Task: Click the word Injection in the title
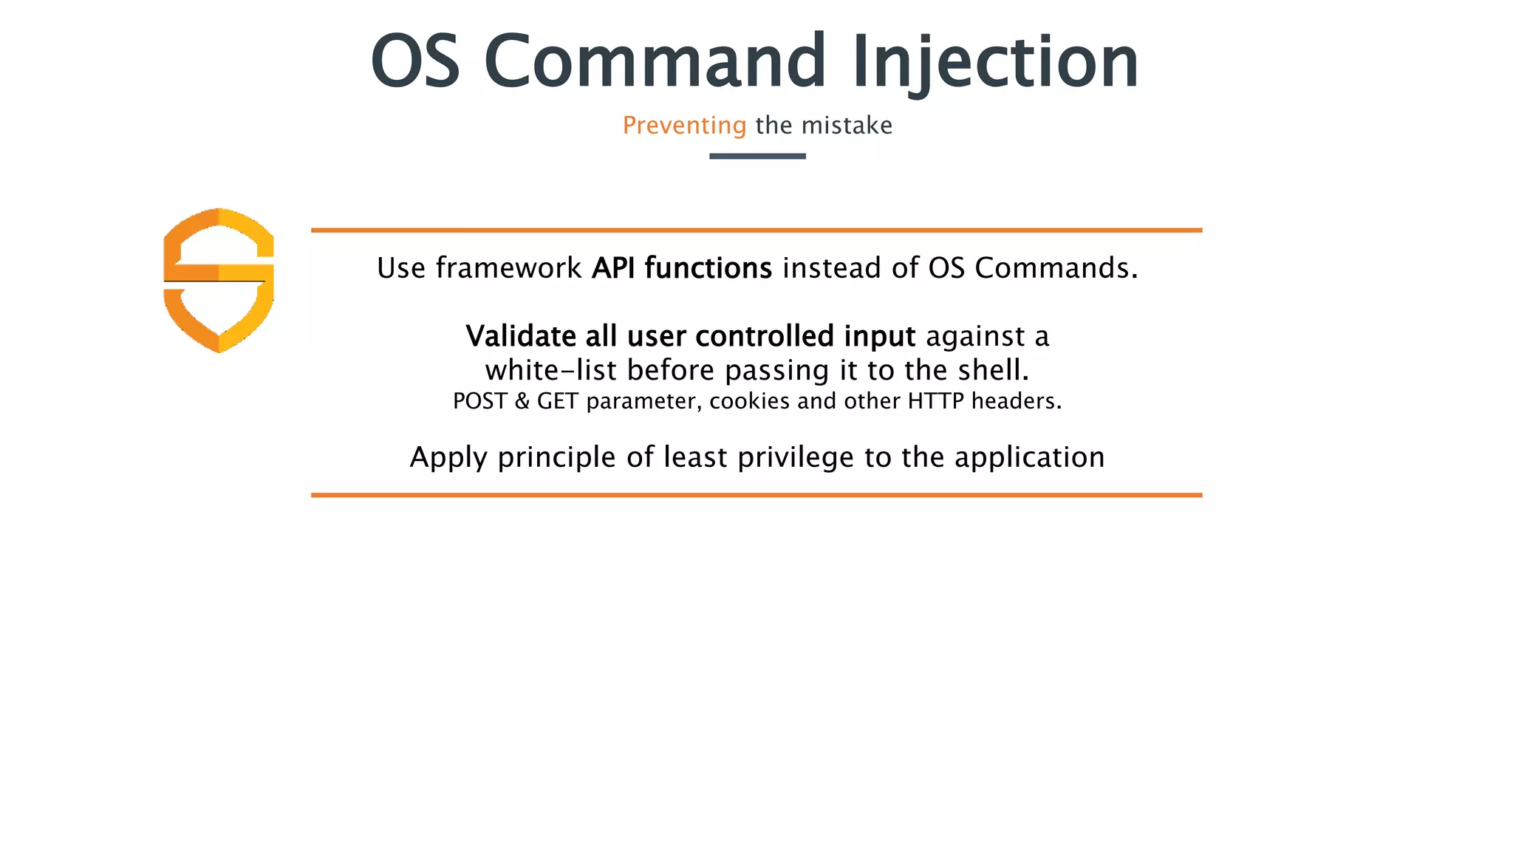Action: click(994, 62)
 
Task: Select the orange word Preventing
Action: click(684, 126)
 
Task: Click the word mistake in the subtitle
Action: click(847, 126)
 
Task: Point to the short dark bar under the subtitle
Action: click(757, 156)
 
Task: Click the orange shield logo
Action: click(219, 280)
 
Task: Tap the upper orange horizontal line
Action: click(756, 230)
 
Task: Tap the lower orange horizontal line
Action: click(756, 495)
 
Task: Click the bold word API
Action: click(614, 268)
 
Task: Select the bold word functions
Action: click(708, 268)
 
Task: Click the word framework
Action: click(508, 268)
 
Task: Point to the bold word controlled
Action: click(765, 336)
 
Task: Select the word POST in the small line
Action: click(479, 401)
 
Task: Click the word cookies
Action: click(749, 401)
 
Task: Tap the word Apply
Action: click(448, 458)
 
